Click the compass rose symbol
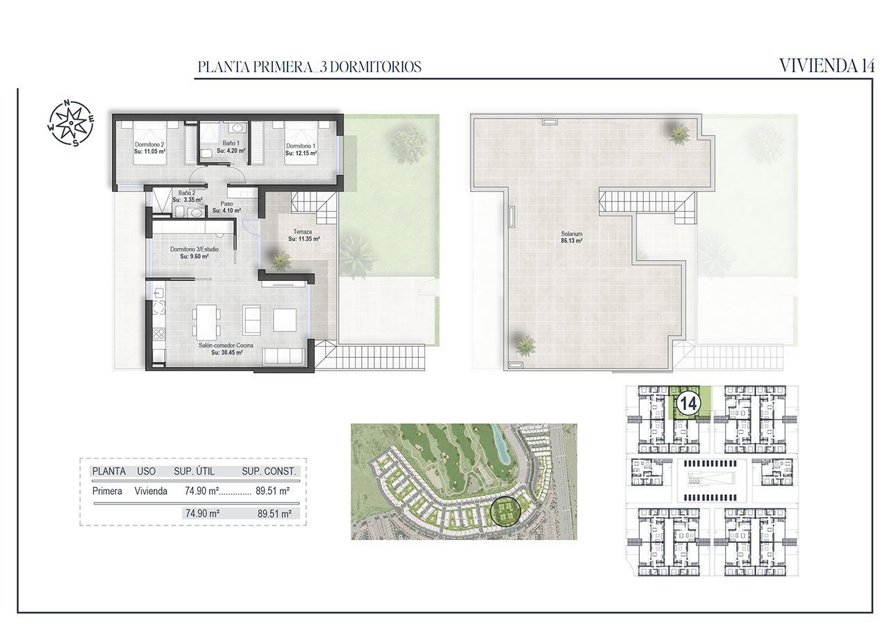coord(71,123)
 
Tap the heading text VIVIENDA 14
coord(826,66)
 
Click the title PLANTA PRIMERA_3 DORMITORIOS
coord(309,67)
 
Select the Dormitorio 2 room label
coord(149,145)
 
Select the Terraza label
coord(302,231)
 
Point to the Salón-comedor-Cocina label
coord(226,345)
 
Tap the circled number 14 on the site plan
coord(688,403)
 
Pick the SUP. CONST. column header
coord(269,471)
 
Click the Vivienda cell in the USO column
coord(151,491)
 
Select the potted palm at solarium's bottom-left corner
coord(525,343)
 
